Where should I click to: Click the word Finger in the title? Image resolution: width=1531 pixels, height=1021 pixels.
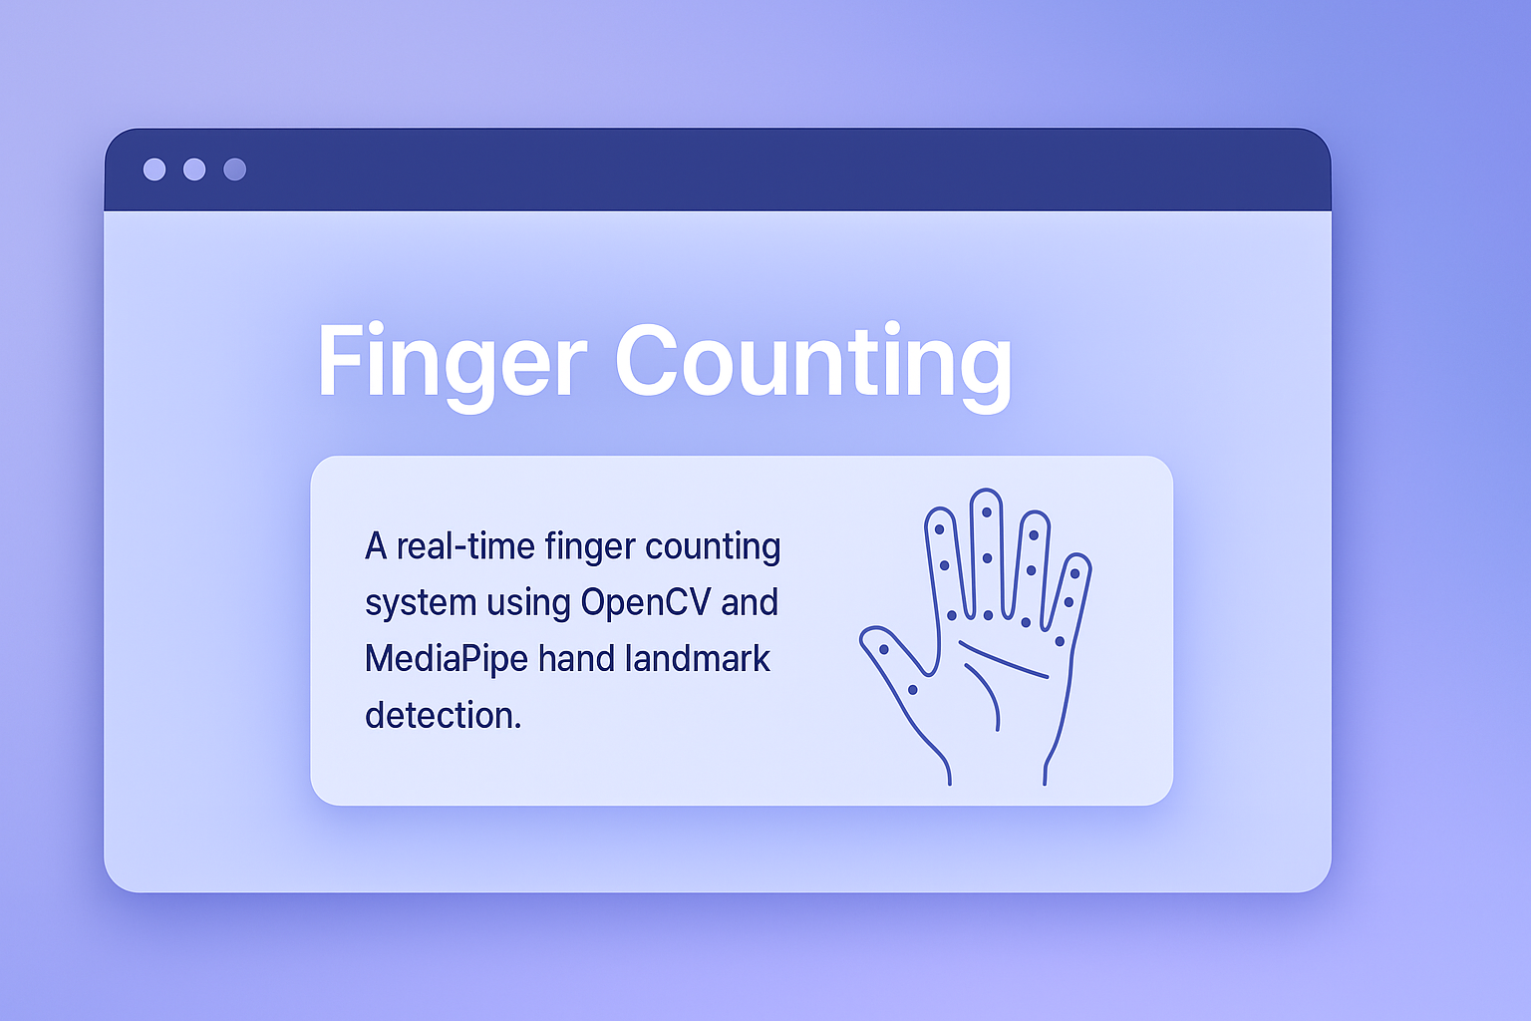tap(452, 361)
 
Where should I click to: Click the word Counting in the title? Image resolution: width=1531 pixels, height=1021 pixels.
tap(812, 361)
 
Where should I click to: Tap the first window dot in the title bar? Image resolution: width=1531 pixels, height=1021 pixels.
tap(154, 170)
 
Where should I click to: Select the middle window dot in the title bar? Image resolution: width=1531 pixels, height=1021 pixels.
tap(194, 170)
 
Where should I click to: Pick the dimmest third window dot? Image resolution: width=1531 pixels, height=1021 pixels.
tap(234, 170)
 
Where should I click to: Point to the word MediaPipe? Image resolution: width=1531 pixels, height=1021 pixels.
tap(446, 659)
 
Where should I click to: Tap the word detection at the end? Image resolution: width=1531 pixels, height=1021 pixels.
tap(443, 715)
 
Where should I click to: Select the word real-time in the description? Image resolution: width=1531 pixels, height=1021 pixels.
tap(466, 546)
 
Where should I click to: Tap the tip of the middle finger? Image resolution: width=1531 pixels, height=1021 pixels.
tap(986, 503)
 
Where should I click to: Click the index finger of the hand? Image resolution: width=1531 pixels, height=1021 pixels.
tap(944, 558)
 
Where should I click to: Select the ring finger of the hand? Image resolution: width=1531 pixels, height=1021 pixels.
tap(1032, 563)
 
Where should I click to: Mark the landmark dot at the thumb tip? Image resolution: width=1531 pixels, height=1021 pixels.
tap(883, 650)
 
